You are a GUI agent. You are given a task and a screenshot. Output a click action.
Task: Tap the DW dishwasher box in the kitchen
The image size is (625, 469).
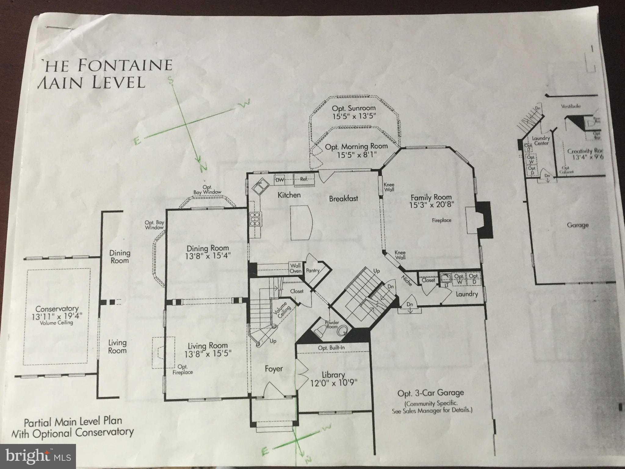(280, 180)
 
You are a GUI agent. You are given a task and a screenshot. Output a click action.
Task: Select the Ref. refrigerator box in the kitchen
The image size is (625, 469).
(304, 180)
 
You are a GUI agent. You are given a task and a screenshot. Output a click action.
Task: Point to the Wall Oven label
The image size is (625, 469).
(295, 268)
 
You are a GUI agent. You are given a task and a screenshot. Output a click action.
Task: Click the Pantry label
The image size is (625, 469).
(312, 270)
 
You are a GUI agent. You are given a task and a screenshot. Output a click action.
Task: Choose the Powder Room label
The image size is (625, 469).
(332, 324)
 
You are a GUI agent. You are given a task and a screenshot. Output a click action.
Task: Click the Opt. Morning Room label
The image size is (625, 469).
(356, 147)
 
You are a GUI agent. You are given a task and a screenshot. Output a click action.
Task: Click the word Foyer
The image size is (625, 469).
(274, 369)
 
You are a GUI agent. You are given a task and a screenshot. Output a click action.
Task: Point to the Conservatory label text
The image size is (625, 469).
(57, 309)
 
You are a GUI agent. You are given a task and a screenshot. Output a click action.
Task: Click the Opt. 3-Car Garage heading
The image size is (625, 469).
(430, 393)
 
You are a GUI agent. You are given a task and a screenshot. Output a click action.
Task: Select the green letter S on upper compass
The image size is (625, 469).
(171, 80)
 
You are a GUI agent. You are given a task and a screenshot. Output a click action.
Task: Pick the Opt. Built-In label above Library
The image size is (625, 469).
(331, 348)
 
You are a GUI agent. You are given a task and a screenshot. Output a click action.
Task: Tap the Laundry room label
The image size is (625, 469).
(466, 294)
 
